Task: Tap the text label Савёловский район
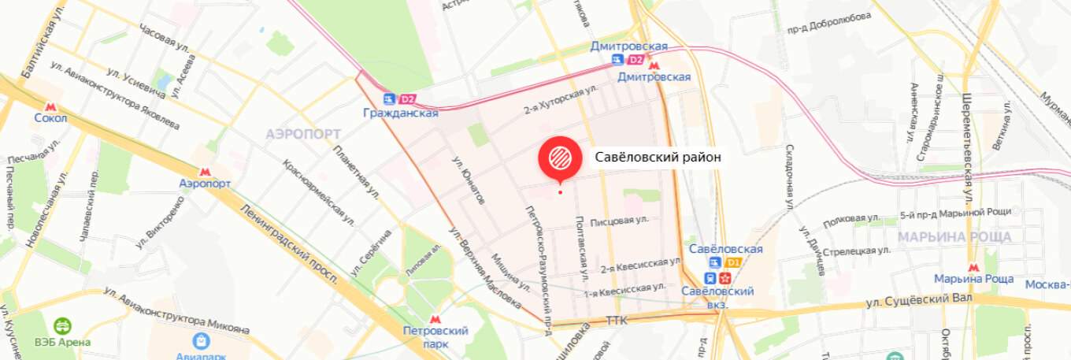pos(658,158)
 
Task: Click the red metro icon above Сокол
pos(50,106)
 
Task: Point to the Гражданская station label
pos(400,113)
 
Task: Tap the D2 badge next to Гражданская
pos(407,99)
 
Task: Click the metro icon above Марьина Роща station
pos(973,267)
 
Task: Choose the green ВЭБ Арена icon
pos(61,326)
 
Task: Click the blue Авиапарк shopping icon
pos(202,340)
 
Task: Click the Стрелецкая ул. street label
pos(856,249)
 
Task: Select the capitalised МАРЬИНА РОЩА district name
pos(956,236)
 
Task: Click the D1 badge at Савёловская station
pos(733,262)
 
